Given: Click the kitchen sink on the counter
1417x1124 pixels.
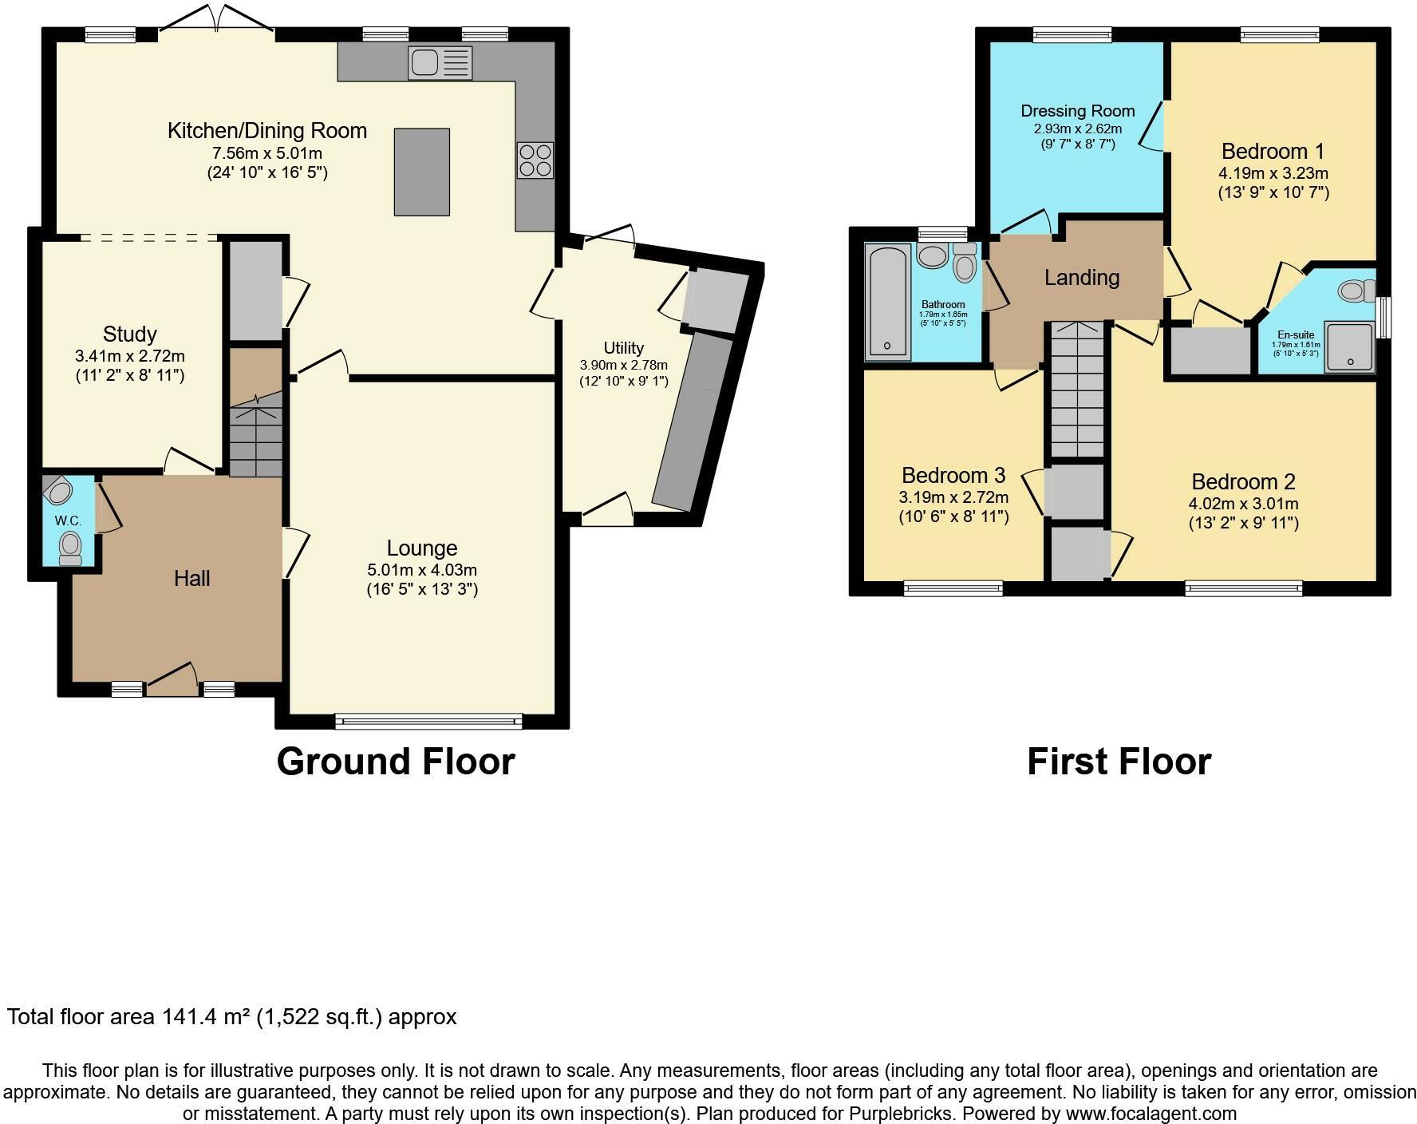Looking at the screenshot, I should pyautogui.click(x=440, y=63).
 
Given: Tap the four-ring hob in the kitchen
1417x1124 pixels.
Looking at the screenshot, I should pyautogui.click(x=535, y=160).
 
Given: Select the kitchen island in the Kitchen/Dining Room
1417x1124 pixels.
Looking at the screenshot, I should pyautogui.click(x=421, y=172).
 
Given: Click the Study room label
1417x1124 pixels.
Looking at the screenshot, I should pyautogui.click(x=129, y=334).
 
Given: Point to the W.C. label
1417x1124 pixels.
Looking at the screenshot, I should pyautogui.click(x=68, y=520).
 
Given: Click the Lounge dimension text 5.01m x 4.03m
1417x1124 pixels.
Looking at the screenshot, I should pyautogui.click(x=422, y=570).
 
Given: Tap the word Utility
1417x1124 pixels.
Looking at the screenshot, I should pyautogui.click(x=623, y=348).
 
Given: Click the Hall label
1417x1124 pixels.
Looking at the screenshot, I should pyautogui.click(x=191, y=578).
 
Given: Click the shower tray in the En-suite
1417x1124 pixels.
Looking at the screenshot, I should pyautogui.click(x=1350, y=346).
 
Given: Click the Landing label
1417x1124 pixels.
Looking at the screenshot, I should pyautogui.click(x=1081, y=277).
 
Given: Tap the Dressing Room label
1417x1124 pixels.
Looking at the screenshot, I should pyautogui.click(x=1077, y=111).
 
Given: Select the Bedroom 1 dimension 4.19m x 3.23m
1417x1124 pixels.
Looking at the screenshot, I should pyautogui.click(x=1273, y=173).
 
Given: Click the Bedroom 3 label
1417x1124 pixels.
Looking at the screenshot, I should pyautogui.click(x=953, y=476).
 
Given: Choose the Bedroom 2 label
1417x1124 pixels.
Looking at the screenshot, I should pyautogui.click(x=1243, y=481).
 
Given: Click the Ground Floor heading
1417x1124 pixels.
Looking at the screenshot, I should pyautogui.click(x=396, y=761).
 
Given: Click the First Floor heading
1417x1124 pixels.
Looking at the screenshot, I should pyautogui.click(x=1119, y=761).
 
